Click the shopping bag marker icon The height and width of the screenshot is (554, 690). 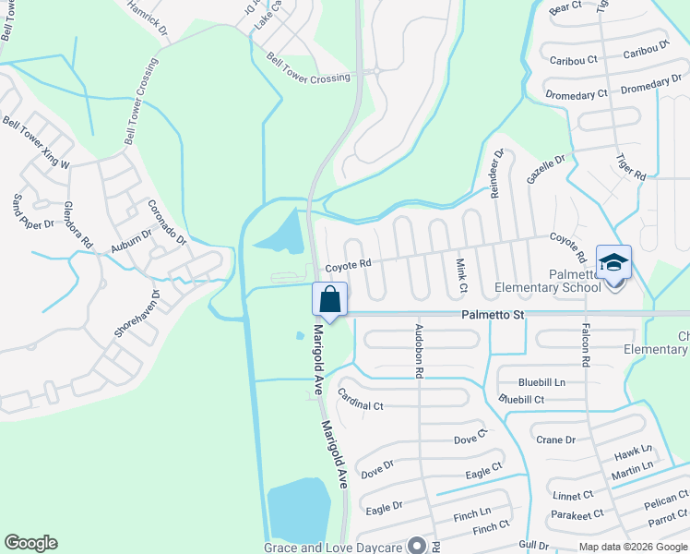coord(329,299)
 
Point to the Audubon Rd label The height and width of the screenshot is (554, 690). coord(419,351)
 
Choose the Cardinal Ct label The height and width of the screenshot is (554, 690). coord(360,400)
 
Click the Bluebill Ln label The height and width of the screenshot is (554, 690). coord(541,381)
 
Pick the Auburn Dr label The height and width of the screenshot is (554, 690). coord(130,241)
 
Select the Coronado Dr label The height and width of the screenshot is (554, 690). coord(167,222)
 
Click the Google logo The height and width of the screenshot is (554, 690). coord(30,543)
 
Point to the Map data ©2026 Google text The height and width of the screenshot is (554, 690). coord(632,547)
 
